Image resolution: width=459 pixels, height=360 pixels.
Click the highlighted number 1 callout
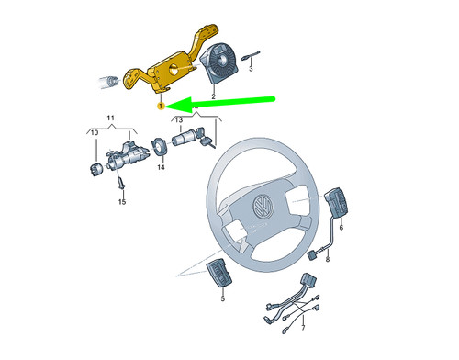(x=160, y=107)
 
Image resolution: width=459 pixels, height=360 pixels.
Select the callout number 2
(x=213, y=96)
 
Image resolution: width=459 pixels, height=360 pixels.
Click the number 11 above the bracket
(x=109, y=119)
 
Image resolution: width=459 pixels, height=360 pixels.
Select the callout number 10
(x=93, y=133)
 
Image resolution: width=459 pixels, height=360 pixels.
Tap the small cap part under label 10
(x=93, y=168)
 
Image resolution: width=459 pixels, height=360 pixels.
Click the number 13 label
(x=180, y=120)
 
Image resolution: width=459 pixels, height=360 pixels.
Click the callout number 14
(x=160, y=167)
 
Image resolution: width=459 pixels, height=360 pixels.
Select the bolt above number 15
(x=122, y=186)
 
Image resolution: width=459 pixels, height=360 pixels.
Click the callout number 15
(x=121, y=202)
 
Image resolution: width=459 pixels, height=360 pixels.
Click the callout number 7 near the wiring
(x=288, y=327)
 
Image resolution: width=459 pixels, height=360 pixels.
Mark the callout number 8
(x=327, y=261)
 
